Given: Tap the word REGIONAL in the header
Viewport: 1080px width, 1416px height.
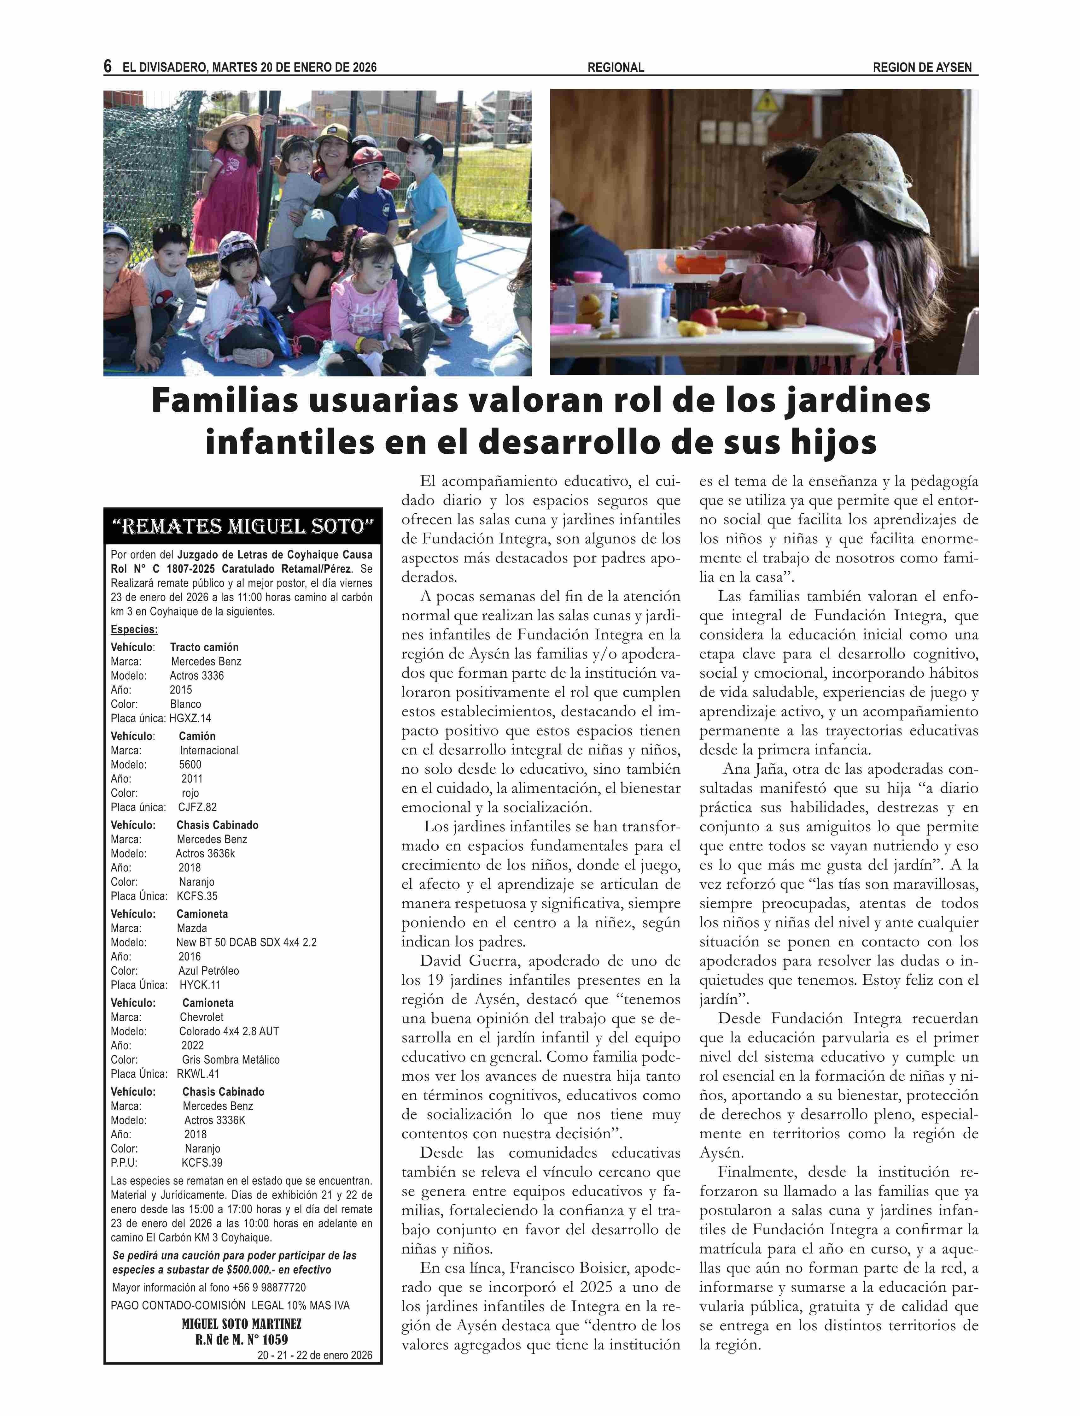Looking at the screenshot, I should (x=615, y=68).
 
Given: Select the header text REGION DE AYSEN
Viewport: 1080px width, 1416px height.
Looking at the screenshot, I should (x=922, y=68).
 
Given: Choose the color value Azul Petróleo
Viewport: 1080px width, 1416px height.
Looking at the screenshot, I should (x=208, y=971).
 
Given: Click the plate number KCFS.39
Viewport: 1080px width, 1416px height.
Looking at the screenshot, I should (x=202, y=1163).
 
